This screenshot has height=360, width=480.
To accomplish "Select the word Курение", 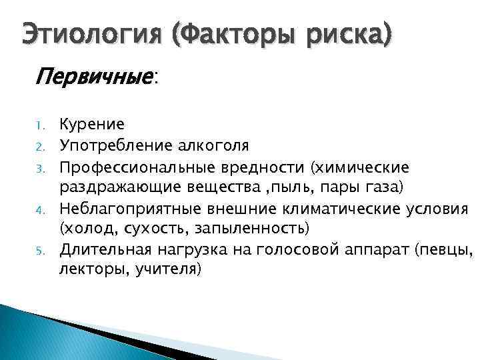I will point(92,124).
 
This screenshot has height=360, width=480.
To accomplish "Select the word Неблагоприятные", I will point(137,207).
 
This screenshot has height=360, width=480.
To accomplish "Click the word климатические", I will point(340,207).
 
